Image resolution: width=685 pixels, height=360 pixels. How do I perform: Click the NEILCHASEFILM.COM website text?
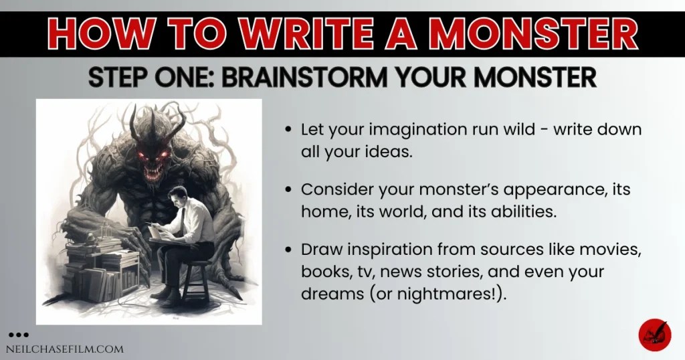pyautogui.click(x=65, y=349)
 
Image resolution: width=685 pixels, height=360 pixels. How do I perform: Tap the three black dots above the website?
pyautogui.click(x=19, y=334)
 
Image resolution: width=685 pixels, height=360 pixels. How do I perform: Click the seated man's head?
pyautogui.click(x=176, y=199)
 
